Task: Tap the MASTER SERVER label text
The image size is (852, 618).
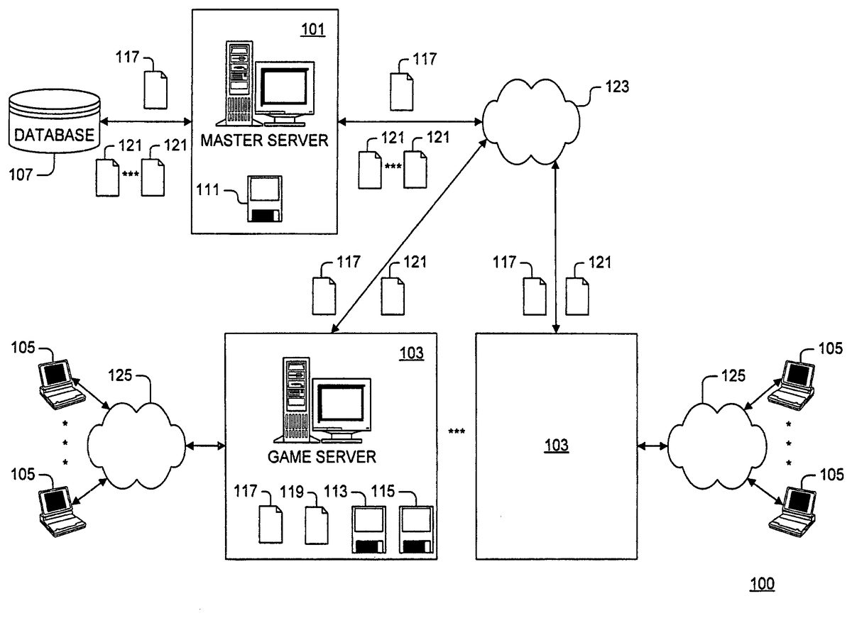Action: pos(264,140)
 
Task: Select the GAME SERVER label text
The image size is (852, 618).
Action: pos(322,456)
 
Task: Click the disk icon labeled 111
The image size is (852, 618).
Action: pos(264,199)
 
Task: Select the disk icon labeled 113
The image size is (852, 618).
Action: pos(368,529)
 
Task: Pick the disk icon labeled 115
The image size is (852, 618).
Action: pos(415,529)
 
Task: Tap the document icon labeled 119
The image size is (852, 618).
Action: pos(317,525)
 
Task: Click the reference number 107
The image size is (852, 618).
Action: pos(21,175)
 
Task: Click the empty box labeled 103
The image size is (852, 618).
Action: pos(556,446)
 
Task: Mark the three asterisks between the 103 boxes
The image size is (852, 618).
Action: pos(457,431)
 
